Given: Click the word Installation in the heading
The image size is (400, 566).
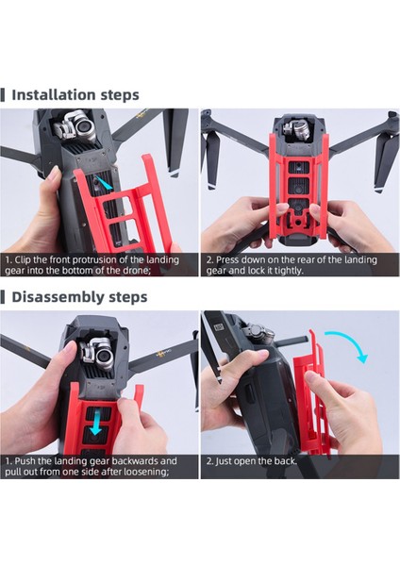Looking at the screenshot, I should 54,94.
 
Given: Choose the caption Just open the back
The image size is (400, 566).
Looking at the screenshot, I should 253,461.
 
